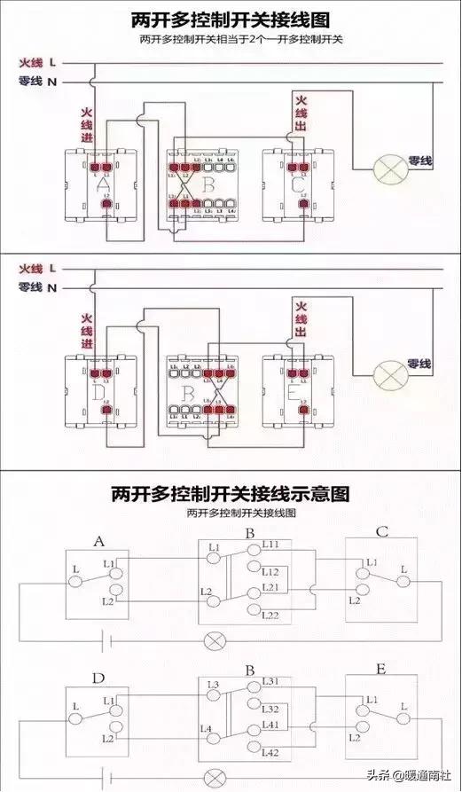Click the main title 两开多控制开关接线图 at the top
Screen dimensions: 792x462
click(231, 19)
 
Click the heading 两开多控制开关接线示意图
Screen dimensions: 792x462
click(230, 493)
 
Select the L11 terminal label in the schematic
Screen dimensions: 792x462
click(271, 544)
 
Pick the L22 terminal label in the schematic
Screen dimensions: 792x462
click(271, 616)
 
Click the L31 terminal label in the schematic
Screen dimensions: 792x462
click(271, 681)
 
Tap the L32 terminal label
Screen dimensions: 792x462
click(271, 710)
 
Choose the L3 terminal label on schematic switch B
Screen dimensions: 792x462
click(214, 685)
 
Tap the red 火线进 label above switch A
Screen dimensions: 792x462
click(87, 127)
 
